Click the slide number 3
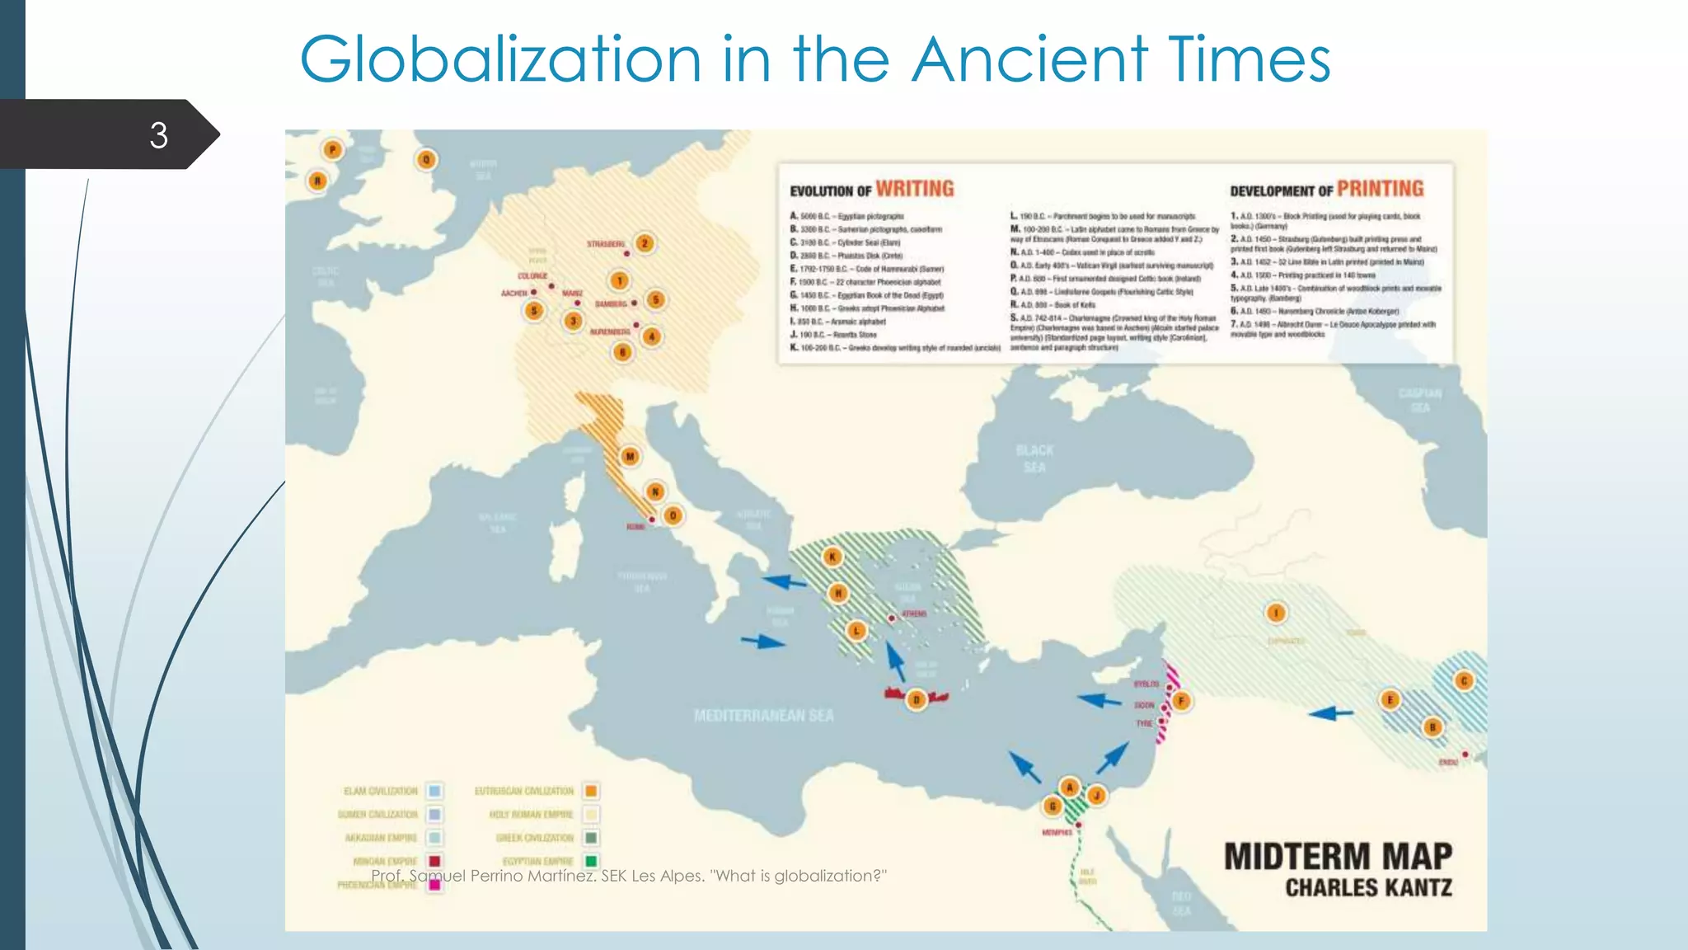[x=158, y=135]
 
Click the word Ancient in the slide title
[x=1030, y=59]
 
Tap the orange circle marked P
[x=332, y=150]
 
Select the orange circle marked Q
[x=426, y=160]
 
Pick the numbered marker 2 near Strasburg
[x=645, y=243]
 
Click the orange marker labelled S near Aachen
[x=534, y=311]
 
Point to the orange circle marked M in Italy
[x=630, y=457]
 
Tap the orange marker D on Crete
[x=916, y=700]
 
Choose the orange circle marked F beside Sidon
[x=1180, y=701]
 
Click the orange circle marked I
[x=1276, y=613]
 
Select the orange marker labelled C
[x=1464, y=681]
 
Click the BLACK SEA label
[x=1034, y=459]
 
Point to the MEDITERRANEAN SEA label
[x=763, y=716]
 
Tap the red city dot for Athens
[x=891, y=618]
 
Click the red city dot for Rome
[x=652, y=520]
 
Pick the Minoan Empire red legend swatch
[x=434, y=862]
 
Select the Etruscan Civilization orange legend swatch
[x=591, y=792]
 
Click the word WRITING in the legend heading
[x=914, y=189]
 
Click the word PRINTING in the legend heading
[x=1380, y=189]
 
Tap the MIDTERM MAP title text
[x=1338, y=857]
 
